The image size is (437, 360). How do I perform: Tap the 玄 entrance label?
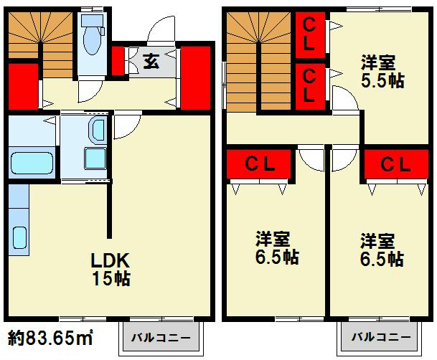(151, 60)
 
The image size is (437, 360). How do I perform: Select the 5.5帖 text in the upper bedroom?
(381, 80)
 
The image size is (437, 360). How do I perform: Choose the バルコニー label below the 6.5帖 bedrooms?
(380, 336)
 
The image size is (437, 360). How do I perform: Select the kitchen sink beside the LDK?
(19, 236)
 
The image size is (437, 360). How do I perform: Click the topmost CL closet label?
(309, 33)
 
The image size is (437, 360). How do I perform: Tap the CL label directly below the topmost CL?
(309, 83)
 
